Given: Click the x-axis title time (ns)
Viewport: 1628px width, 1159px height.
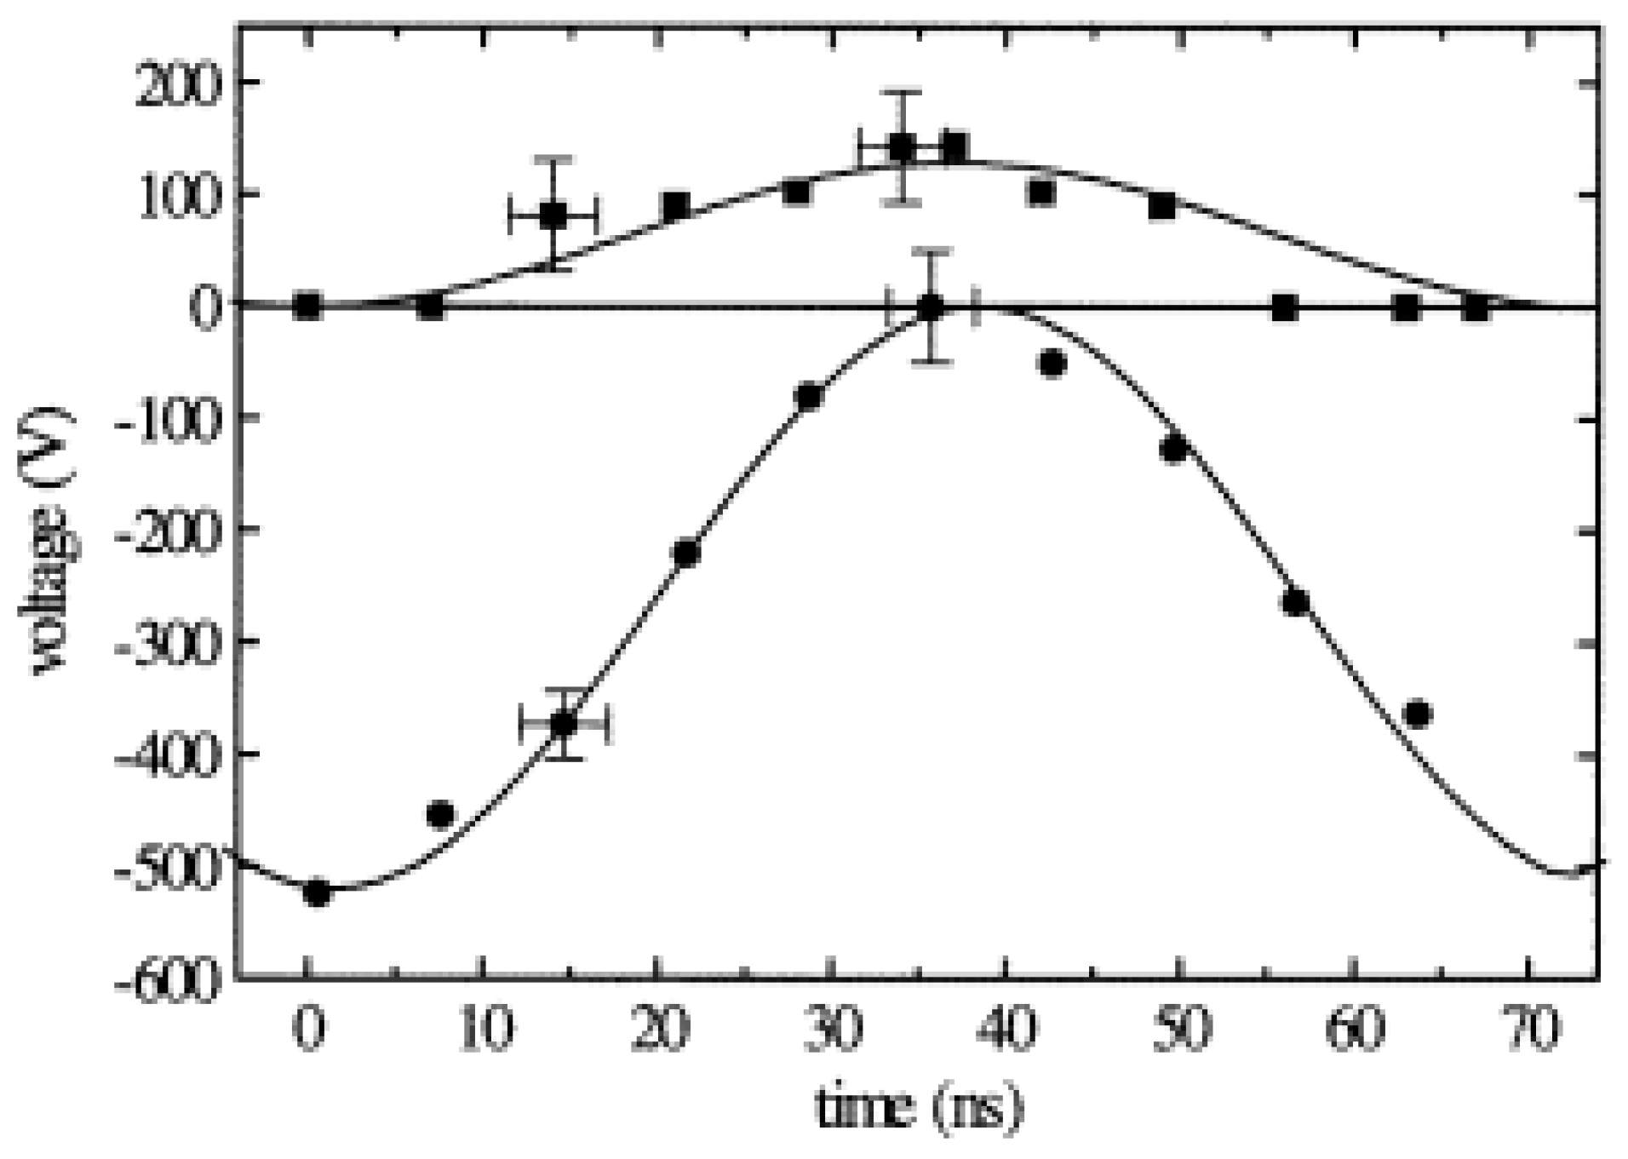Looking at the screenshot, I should pyautogui.click(x=919, y=1108).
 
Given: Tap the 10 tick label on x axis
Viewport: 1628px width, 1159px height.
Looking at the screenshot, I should pyautogui.click(x=485, y=1029).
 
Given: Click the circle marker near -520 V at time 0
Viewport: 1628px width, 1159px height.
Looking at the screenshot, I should pyautogui.click(x=317, y=893).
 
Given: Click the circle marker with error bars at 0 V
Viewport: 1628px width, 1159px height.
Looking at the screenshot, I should pyautogui.click(x=932, y=307).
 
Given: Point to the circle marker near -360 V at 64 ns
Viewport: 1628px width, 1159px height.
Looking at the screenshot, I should pyautogui.click(x=1417, y=714).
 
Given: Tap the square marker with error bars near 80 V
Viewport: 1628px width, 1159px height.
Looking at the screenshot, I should pyautogui.click(x=553, y=215).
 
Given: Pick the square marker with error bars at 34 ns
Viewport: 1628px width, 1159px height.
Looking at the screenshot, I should pyautogui.click(x=902, y=147).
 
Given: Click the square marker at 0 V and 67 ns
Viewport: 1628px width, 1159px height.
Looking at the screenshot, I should pyautogui.click(x=1476, y=308).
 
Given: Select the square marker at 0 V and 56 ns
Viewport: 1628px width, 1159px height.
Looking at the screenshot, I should pyautogui.click(x=1285, y=308).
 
